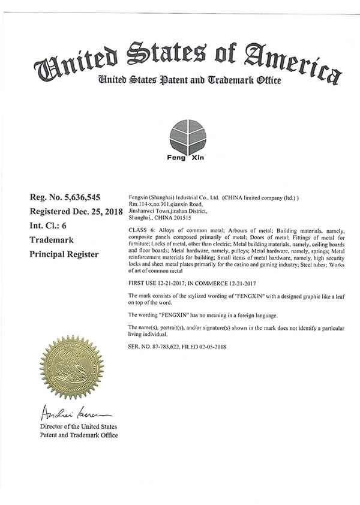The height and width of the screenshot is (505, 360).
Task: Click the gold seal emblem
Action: (71, 367)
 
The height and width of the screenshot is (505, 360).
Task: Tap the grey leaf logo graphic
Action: (187, 137)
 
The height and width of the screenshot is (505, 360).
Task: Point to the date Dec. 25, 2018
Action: (97, 211)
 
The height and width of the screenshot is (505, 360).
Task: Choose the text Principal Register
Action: (64, 254)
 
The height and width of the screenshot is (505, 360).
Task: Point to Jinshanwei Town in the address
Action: (148, 211)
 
